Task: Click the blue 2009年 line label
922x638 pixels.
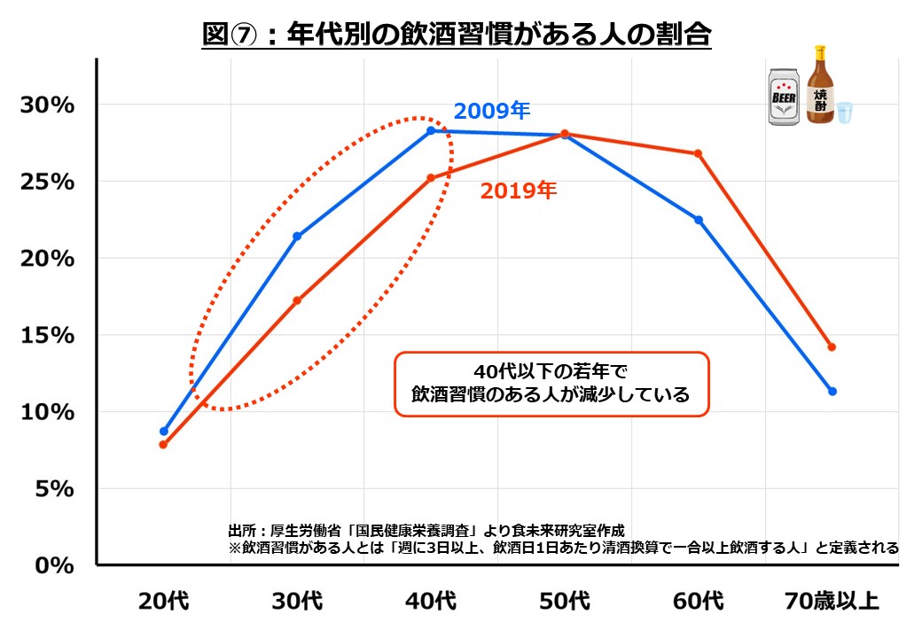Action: (x=492, y=112)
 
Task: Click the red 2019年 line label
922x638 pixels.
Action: (x=519, y=190)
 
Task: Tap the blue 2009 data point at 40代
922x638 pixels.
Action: (x=431, y=130)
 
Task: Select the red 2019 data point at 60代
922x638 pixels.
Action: (x=699, y=153)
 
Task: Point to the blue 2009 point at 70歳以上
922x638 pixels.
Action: (x=832, y=391)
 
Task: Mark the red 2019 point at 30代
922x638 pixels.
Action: (x=297, y=300)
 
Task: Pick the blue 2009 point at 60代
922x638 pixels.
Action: (x=699, y=220)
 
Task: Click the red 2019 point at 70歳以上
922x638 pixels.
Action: (x=832, y=346)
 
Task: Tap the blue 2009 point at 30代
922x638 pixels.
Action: (x=297, y=236)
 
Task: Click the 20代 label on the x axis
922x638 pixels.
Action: (x=163, y=602)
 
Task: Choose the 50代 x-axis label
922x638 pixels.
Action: (x=565, y=602)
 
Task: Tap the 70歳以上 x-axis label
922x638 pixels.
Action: (x=832, y=602)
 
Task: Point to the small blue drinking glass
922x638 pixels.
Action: (x=844, y=113)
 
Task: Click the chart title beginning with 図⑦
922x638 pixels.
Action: (x=457, y=36)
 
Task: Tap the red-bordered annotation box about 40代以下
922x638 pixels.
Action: (x=551, y=383)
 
